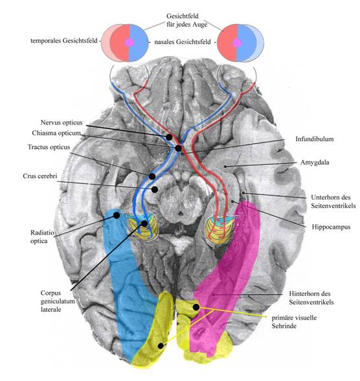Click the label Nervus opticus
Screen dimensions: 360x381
[62, 122]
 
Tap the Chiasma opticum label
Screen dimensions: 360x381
[56, 133]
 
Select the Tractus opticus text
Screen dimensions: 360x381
[49, 147]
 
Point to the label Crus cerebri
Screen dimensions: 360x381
[40, 176]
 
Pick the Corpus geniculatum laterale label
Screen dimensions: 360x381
[58, 301]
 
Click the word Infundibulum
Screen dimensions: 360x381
[315, 139]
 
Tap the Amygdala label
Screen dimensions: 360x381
[315, 162]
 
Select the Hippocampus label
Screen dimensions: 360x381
[331, 227]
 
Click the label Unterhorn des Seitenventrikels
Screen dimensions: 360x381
[333, 202]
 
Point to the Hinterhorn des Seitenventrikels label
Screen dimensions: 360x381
[311, 298]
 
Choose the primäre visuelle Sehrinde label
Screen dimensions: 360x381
[294, 321]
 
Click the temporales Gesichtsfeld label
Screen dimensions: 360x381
[64, 41]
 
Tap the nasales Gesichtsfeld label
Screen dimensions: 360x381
[183, 41]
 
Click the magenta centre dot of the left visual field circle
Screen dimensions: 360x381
[129, 43]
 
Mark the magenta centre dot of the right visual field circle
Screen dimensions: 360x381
[237, 43]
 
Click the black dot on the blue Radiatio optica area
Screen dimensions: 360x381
[117, 215]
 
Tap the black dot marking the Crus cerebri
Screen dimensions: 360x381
[155, 189]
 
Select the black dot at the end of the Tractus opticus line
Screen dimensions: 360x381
[152, 176]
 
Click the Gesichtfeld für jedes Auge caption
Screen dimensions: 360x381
[186, 20]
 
